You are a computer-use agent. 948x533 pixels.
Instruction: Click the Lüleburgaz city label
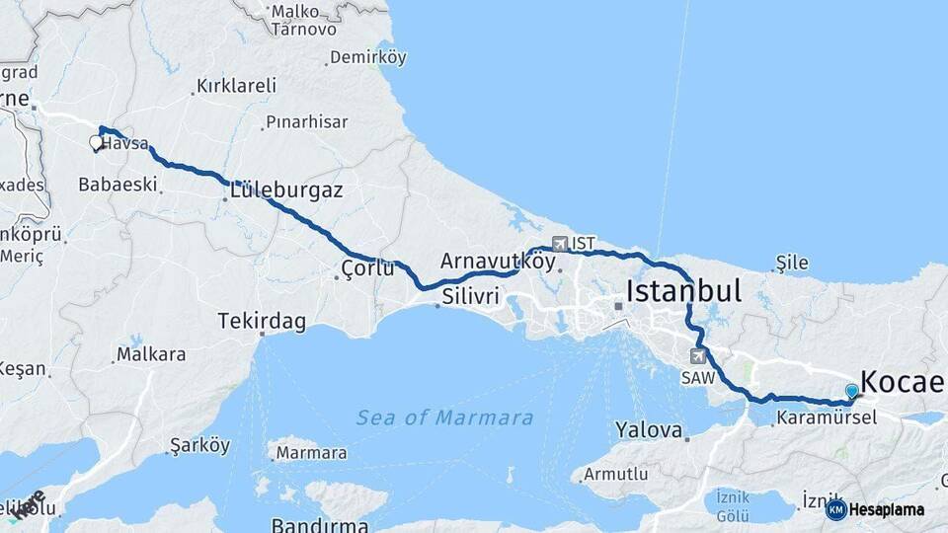point(286,190)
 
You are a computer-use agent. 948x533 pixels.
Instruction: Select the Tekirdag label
point(262,322)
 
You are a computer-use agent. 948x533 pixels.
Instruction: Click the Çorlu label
point(367,268)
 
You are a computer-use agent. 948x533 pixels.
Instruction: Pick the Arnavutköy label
point(498,262)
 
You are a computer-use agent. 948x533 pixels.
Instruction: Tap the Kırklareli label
point(236,86)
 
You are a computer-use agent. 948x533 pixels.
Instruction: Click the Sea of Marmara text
point(444,418)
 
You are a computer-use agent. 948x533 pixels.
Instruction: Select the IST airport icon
point(561,243)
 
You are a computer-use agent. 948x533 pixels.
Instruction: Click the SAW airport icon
point(700,356)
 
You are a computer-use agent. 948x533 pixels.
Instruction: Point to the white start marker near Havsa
point(96,143)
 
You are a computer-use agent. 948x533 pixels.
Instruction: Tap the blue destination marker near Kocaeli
point(851,392)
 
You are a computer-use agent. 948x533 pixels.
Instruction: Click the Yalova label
point(649,430)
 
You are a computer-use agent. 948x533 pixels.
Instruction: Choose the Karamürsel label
point(826,418)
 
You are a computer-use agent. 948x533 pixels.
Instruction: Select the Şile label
point(792,263)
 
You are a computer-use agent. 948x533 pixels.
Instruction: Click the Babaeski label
point(118,184)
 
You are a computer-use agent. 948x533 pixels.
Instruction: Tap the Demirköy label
point(367,57)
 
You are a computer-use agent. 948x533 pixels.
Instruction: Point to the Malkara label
point(150,353)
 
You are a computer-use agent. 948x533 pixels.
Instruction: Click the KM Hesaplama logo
point(876,509)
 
